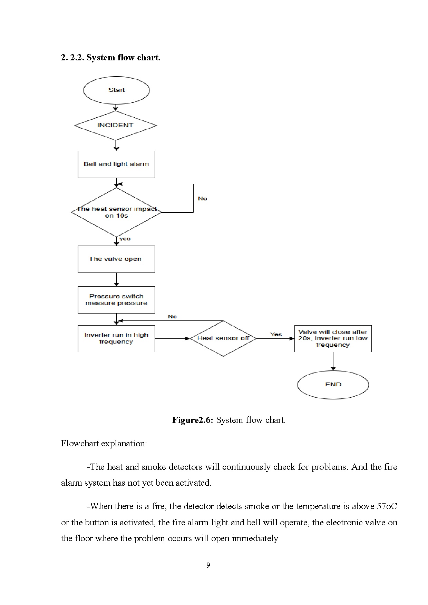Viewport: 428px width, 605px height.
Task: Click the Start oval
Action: coord(116,90)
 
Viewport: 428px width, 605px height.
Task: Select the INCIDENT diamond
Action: coord(116,126)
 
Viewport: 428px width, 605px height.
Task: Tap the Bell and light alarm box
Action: coord(116,164)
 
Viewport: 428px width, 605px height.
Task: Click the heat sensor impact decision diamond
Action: coord(116,212)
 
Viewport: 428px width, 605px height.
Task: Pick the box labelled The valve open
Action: coord(116,259)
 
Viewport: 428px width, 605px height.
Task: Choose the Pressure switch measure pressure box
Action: coord(116,300)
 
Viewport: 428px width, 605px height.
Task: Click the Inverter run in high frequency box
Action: coord(116,338)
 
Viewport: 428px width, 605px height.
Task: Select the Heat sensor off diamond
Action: coord(223,338)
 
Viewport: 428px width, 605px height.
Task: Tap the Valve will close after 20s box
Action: coord(333,338)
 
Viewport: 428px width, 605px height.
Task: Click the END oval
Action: coord(333,385)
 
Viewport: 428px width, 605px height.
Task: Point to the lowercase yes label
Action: coord(125,239)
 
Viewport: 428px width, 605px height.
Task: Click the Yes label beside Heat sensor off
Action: coord(276,334)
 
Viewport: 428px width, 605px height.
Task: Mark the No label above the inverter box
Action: coord(172,317)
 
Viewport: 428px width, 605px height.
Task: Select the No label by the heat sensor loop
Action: coord(202,199)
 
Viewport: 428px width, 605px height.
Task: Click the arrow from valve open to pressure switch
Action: coord(116,279)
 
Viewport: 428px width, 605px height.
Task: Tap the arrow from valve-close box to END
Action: coord(333,361)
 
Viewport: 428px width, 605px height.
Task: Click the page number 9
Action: coord(208,565)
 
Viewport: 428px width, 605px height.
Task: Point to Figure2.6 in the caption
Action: coord(193,420)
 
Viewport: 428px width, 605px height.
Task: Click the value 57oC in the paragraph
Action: coord(387,506)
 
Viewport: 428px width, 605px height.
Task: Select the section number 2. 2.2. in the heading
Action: coord(72,58)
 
